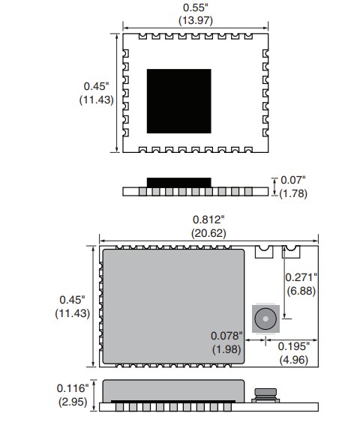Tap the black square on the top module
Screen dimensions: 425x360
pos(179,100)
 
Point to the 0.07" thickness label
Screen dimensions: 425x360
pos(292,181)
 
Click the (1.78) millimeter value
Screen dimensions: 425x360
pos(292,194)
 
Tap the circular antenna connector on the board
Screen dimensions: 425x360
pos(265,319)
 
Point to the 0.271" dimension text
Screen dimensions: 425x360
pos(301,277)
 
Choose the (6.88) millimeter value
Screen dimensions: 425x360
pos(301,290)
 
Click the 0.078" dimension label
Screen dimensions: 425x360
pos(226,337)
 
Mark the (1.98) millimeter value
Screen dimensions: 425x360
pos(226,350)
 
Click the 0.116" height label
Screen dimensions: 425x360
pos(73,388)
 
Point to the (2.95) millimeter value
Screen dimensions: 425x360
pos(73,403)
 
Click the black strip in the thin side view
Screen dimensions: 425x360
pos(179,182)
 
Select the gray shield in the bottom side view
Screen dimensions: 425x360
pos(173,390)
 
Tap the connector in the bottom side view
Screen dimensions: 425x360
pos(263,395)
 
